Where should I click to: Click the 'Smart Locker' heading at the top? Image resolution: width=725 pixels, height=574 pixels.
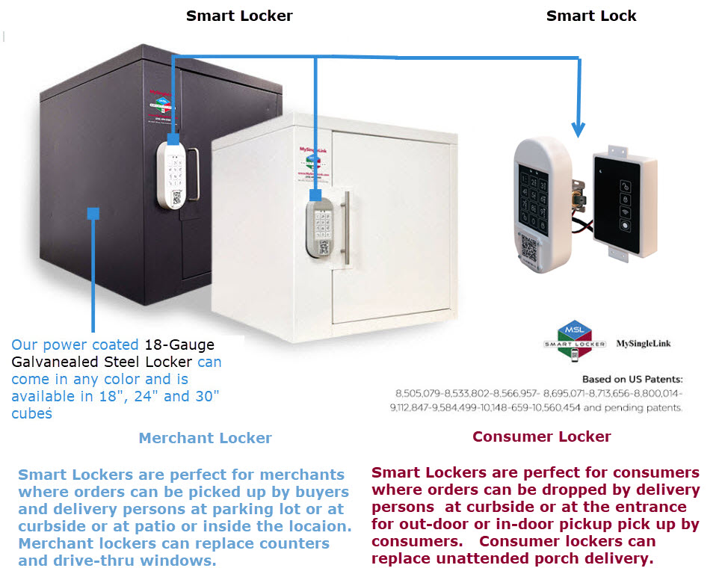239,16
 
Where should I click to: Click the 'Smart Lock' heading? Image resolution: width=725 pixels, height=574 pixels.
591,16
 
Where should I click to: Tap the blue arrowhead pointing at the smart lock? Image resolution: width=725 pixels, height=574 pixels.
580,128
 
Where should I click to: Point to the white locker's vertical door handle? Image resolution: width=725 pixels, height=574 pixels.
346,227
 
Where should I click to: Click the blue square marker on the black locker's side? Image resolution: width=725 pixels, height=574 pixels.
93,214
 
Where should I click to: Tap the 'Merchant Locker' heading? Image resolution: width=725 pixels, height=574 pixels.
205,438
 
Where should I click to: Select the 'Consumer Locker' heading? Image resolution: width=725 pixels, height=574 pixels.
542,436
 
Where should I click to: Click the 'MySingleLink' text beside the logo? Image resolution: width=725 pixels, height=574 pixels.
644,344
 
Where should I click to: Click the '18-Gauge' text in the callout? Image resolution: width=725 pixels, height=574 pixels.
179,345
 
